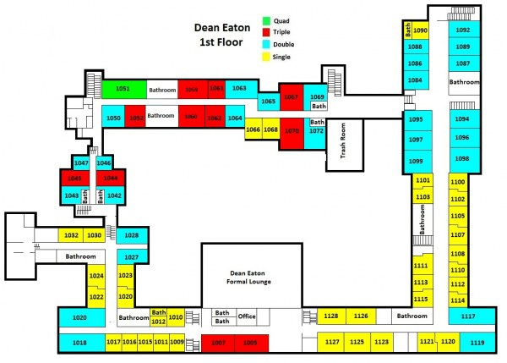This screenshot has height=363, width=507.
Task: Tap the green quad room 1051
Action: pos(123,88)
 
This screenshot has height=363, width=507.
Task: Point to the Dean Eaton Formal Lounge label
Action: pos(250,278)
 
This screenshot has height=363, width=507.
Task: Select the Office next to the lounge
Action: pos(246,316)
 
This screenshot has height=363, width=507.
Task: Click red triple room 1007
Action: pos(219,342)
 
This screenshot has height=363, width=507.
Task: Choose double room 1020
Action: pos(80,317)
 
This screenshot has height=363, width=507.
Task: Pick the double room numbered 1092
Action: pos(462,30)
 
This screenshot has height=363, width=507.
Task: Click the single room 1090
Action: pos(421,30)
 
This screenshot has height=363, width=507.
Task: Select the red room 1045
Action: pos(74,179)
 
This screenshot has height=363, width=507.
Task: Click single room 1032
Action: pos(71,234)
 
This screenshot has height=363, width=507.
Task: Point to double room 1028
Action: pos(131,234)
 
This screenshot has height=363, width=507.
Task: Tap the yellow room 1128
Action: pos(330,316)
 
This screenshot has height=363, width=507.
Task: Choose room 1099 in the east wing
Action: pos(416,161)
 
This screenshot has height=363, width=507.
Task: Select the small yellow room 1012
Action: pos(158,322)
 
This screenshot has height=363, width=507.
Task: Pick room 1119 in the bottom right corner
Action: pos(477,342)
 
